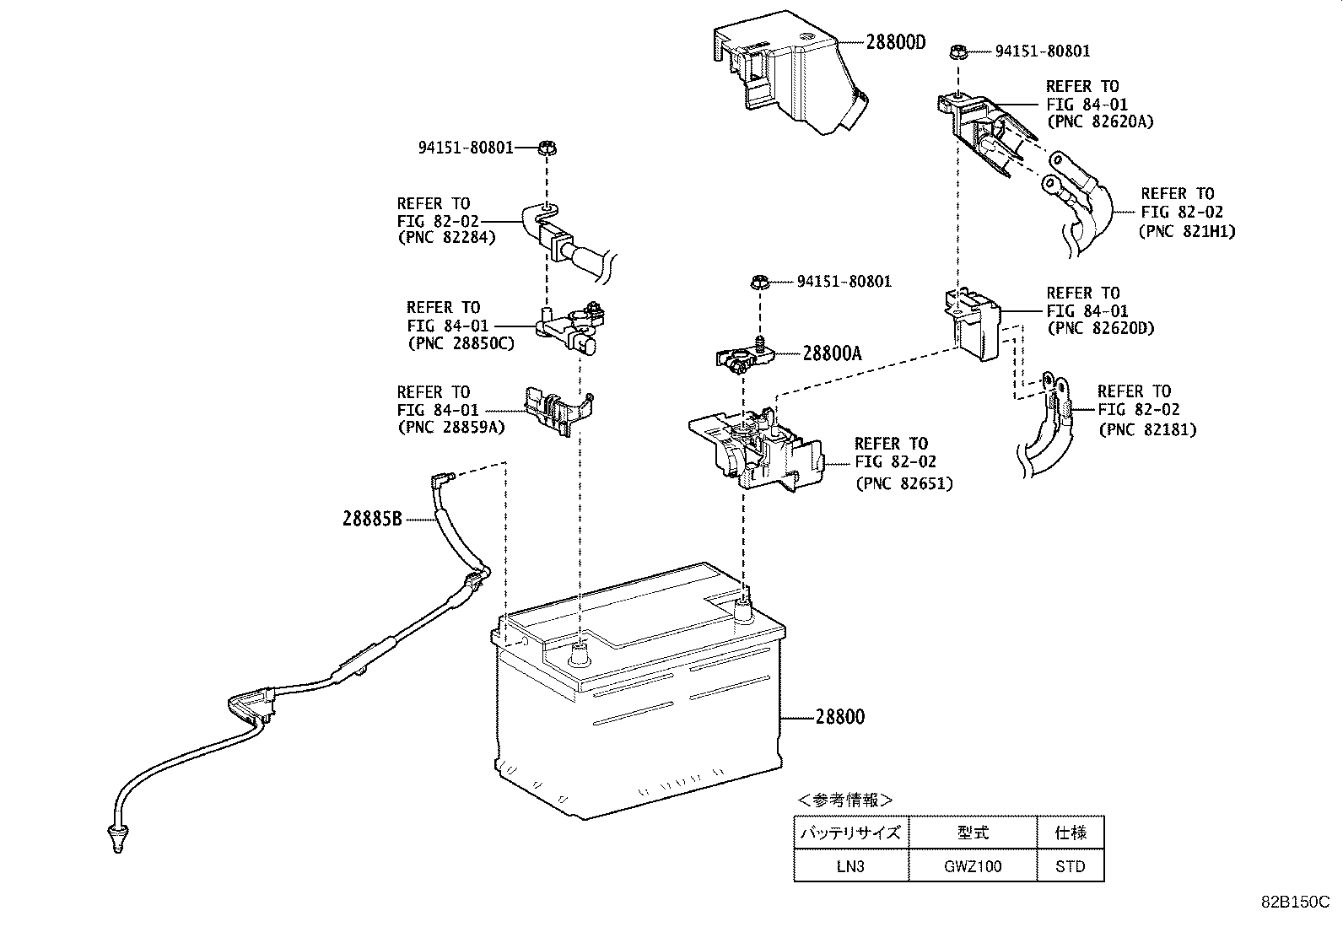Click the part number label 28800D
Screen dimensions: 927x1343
coord(895,42)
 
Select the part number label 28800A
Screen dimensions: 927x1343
coord(832,353)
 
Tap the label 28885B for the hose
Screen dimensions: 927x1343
coord(372,519)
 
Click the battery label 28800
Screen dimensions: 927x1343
coord(839,717)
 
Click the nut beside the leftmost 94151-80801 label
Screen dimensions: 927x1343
coord(547,148)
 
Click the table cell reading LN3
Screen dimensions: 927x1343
coord(850,866)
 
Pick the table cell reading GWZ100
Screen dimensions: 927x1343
coord(972,866)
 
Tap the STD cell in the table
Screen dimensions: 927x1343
coord(1070,866)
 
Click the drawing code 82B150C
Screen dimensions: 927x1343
coord(1294,902)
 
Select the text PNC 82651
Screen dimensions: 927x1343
coord(903,484)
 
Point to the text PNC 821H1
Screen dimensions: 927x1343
coord(1187,230)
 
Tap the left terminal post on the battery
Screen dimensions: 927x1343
coord(580,652)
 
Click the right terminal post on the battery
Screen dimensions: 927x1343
coord(742,609)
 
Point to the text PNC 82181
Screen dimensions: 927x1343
coord(1147,429)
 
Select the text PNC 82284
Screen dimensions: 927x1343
coord(446,238)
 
